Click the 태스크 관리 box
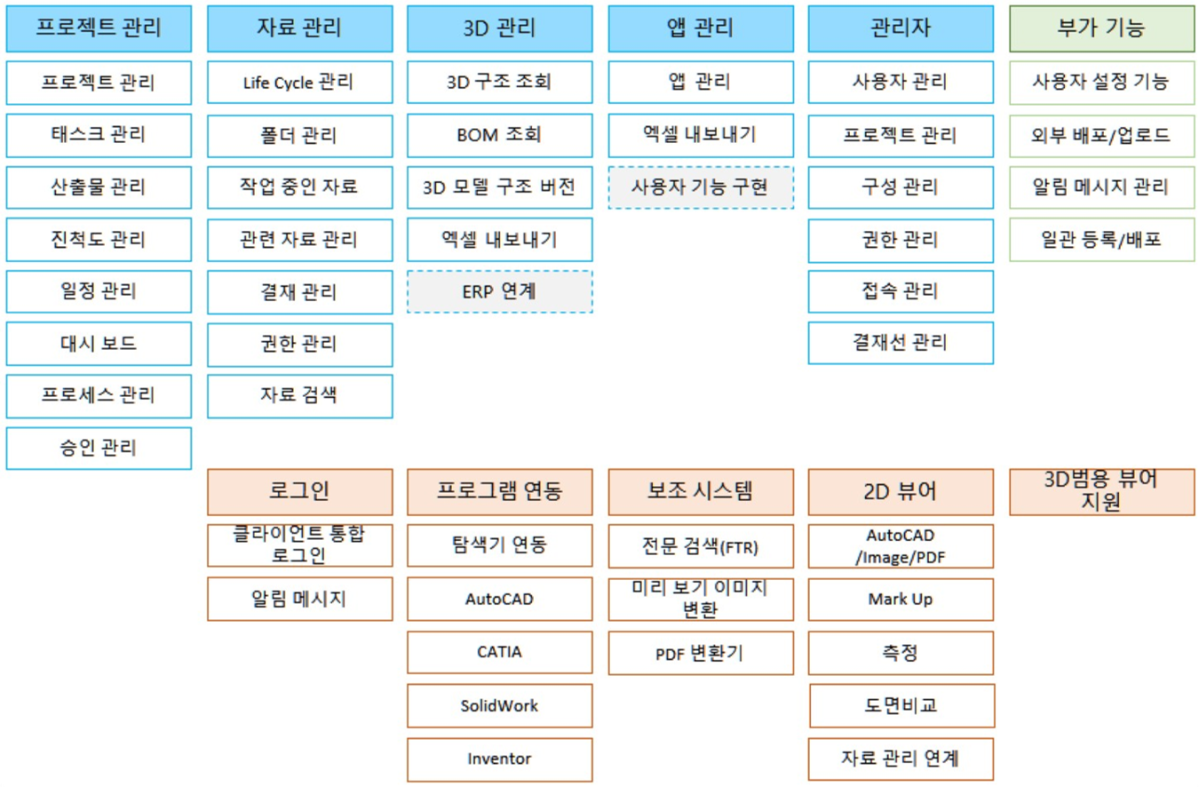[99, 135]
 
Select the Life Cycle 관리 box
[300, 83]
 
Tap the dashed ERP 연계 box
[499, 291]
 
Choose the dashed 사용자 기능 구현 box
[701, 187]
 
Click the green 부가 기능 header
[1101, 29]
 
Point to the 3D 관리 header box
[499, 29]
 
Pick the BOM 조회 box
[499, 135]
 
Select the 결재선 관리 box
[901, 343]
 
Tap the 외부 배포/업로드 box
[1101, 135]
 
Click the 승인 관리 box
[99, 448]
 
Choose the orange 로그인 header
[300, 492]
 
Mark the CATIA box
[499, 652]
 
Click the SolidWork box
[499, 705]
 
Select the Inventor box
[499, 759]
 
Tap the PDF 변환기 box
[701, 653]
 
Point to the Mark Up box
[901, 599]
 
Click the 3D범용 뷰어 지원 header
[1101, 492]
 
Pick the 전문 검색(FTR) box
[701, 546]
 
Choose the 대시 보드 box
[99, 344]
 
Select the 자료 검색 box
[300, 396]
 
